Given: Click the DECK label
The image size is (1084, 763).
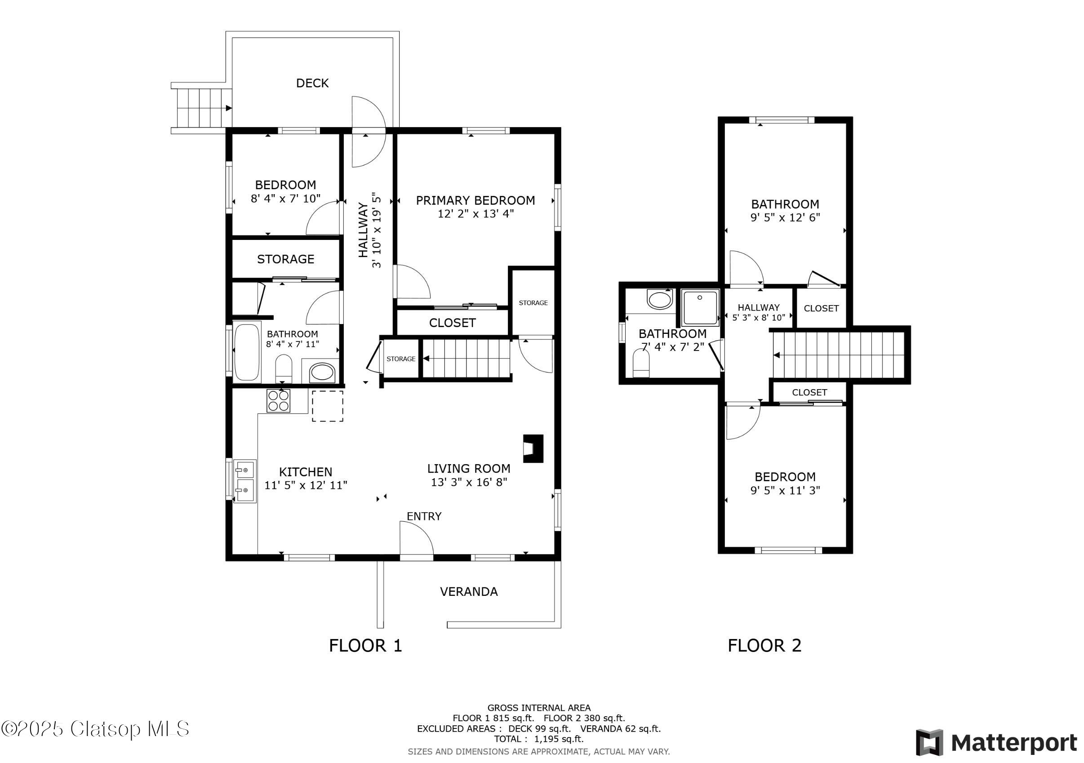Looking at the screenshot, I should click(x=312, y=83).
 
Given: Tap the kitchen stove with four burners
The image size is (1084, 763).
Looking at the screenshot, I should click(x=278, y=401).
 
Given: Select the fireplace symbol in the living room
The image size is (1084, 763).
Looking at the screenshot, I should click(x=533, y=448).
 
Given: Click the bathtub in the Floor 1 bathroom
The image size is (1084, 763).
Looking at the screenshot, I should click(x=246, y=352).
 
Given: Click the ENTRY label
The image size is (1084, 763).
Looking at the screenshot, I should click(x=424, y=516).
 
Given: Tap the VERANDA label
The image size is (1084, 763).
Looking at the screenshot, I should click(x=468, y=592).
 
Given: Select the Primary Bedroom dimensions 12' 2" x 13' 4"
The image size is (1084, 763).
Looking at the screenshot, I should click(x=475, y=214).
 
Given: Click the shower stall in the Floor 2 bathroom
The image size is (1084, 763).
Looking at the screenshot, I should click(x=700, y=307).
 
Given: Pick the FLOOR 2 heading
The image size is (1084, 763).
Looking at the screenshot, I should click(x=764, y=645).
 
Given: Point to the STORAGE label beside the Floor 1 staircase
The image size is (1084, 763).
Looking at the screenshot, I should click(x=401, y=359).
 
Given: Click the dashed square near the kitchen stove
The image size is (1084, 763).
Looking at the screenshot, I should click(x=327, y=406).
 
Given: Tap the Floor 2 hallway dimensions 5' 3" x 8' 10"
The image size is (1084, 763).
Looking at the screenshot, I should click(x=758, y=318).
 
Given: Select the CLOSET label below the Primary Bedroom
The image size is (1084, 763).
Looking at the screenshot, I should click(x=452, y=323).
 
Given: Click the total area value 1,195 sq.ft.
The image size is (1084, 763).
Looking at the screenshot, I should click(x=559, y=739).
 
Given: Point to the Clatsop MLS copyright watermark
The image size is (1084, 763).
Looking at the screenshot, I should click(x=94, y=729).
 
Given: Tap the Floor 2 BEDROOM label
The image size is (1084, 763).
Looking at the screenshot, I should click(x=785, y=477).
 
